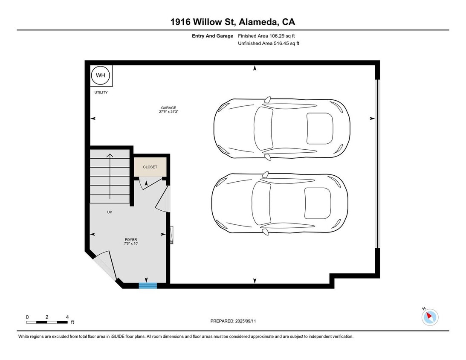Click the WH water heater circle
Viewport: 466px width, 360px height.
pos(101,75)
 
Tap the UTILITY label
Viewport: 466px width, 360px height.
pos(101,93)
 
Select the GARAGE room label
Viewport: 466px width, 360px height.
pos(168,108)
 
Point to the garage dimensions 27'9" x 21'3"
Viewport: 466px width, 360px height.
pos(168,112)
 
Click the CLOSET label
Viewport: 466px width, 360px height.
pos(150,167)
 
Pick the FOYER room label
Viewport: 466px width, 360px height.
pos(131,240)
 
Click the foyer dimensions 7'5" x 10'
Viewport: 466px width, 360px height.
pos(131,244)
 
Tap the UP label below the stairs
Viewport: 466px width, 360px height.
pos(110,212)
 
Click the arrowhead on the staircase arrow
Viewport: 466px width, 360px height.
pos(110,155)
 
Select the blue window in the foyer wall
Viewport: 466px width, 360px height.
pos(148,286)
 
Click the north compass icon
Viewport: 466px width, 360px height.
pos(430,317)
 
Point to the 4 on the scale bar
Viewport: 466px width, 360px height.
pos(67,317)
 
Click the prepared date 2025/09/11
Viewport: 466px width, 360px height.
pos(246,321)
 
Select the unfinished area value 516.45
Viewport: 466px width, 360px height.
pos(281,44)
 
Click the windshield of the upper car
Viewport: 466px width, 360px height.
pos(263,128)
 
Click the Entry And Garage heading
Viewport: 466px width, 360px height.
pos(212,36)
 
